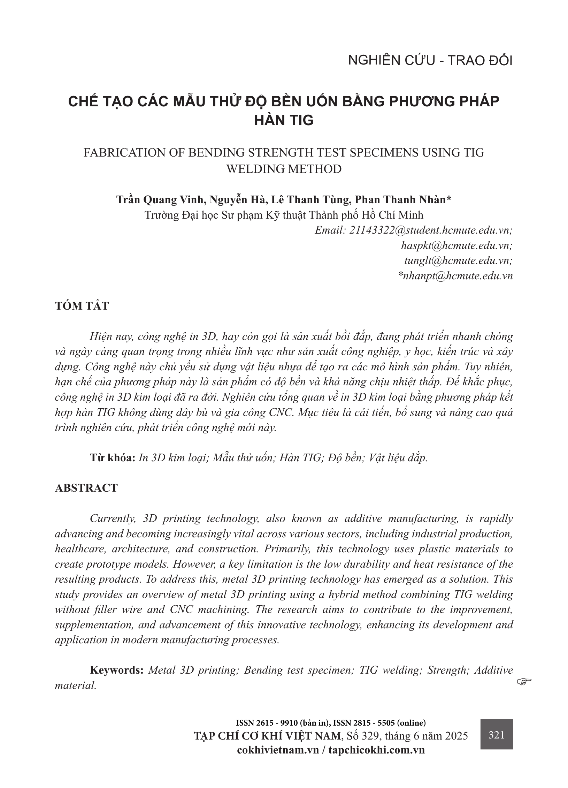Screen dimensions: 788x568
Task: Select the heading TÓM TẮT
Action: point(82,306)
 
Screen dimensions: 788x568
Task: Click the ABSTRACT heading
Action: point(86,488)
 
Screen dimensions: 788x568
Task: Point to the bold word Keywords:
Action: point(117,670)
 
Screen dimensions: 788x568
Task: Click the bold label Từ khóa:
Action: point(112,457)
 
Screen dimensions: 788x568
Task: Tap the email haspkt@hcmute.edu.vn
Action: point(457,245)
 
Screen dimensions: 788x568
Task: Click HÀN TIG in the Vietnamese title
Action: point(284,120)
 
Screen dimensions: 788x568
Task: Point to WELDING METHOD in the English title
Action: point(284,169)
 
